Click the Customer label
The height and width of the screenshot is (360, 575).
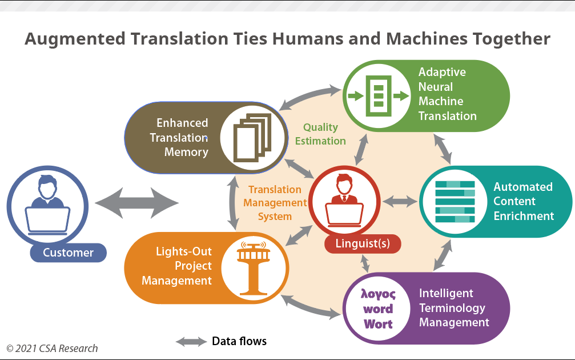tap(69, 253)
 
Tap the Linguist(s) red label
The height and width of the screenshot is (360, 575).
tap(363, 244)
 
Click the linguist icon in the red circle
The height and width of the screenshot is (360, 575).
tap(344, 200)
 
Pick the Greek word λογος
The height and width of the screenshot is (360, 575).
tap(377, 294)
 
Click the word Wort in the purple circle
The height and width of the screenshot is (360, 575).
tap(378, 323)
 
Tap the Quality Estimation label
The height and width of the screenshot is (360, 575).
tap(320, 134)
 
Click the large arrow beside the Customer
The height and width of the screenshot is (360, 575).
tap(136, 202)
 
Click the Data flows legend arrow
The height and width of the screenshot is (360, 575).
tap(191, 342)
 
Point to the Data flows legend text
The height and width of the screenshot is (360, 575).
tap(239, 342)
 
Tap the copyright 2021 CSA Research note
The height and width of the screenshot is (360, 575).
tap(52, 348)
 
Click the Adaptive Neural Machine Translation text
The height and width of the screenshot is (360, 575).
tap(447, 94)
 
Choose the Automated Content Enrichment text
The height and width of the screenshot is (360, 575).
tap(524, 201)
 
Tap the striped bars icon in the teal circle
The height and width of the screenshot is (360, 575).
tap(455, 201)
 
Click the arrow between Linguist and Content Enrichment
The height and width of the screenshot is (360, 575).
tap(400, 201)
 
